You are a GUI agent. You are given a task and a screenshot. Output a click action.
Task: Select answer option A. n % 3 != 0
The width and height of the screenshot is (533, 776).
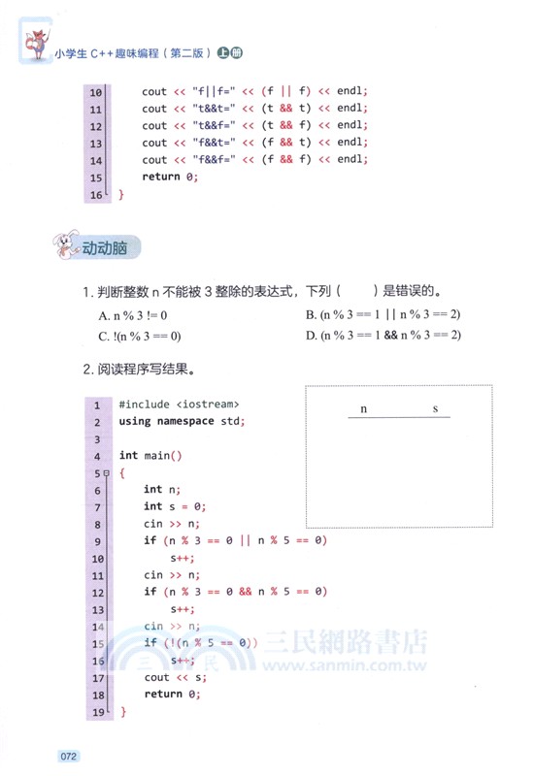point(133,315)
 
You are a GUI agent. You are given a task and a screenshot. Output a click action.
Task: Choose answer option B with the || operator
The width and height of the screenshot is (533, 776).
point(383,315)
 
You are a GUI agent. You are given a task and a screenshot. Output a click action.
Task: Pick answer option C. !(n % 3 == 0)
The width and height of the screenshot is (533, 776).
point(140,336)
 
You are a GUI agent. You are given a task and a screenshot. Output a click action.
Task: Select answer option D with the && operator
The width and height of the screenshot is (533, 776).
point(383,336)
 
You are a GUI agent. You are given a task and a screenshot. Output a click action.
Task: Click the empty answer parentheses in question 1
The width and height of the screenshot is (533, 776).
point(356,291)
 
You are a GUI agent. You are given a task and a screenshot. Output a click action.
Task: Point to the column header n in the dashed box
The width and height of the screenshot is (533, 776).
point(364,408)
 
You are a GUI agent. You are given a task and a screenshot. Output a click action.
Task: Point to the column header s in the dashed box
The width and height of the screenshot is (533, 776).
point(435,408)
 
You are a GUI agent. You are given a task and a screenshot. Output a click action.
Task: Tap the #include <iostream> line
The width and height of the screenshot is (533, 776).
point(179,404)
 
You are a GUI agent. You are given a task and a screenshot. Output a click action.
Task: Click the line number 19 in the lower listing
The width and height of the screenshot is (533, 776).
point(97,712)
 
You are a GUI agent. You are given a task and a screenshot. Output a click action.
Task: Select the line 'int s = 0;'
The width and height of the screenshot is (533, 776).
point(175,506)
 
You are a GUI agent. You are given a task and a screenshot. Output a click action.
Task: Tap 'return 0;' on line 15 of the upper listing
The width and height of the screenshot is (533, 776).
point(170,177)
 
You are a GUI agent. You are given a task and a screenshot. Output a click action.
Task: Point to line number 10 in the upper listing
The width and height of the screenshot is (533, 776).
point(95,92)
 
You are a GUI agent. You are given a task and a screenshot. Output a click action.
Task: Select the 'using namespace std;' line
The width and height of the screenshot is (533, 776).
point(182,421)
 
